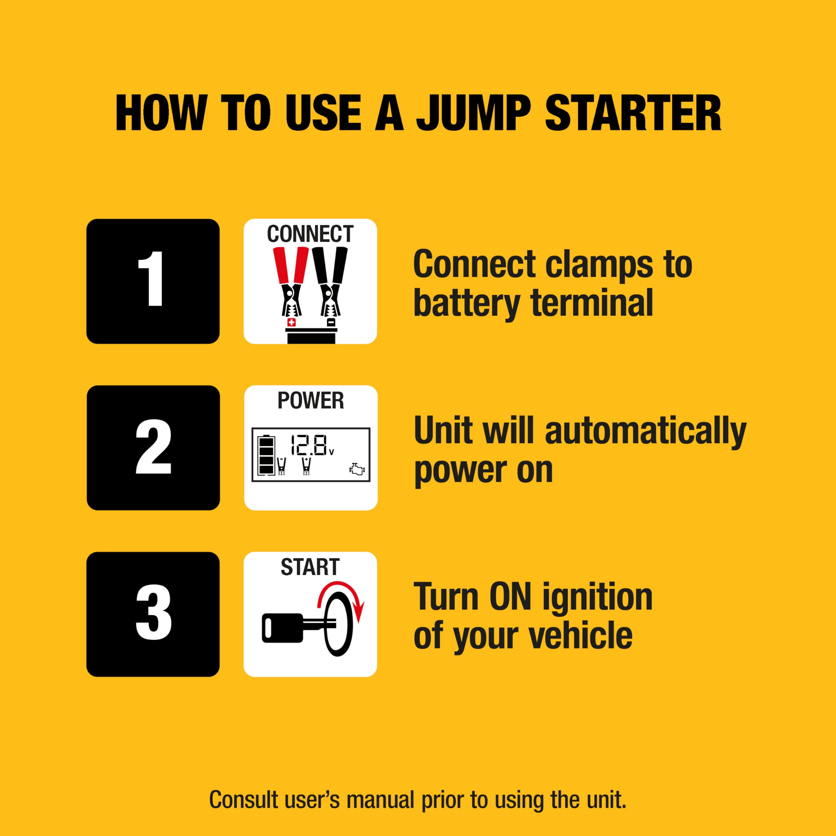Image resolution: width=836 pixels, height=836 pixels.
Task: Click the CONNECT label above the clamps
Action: click(310, 234)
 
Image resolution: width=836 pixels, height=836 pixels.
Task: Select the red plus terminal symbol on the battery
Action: click(291, 322)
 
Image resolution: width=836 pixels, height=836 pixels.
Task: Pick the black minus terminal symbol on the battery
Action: click(330, 322)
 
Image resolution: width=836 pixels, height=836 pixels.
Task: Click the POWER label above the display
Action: click(311, 400)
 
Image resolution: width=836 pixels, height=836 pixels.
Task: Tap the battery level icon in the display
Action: click(266, 456)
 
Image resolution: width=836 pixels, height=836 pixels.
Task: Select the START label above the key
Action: click(310, 567)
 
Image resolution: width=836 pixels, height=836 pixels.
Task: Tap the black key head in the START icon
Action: click(281, 628)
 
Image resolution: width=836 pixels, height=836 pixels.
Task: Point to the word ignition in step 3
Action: click(597, 597)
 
